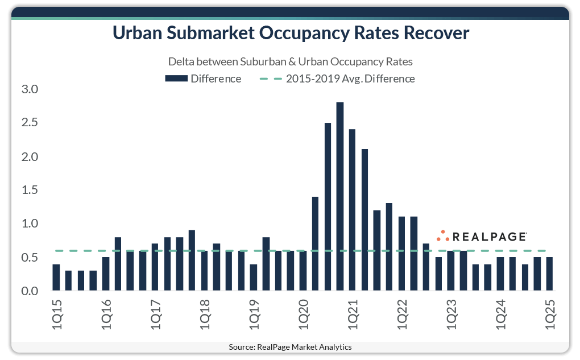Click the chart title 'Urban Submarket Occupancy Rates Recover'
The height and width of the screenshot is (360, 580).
(x=290, y=34)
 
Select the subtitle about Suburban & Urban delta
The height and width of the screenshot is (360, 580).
(x=290, y=61)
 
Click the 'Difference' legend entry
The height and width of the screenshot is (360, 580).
(x=203, y=78)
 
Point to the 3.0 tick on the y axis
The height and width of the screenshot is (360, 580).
(x=29, y=89)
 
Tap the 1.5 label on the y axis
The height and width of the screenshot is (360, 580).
(x=29, y=190)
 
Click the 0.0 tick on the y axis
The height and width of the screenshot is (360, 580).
(x=29, y=291)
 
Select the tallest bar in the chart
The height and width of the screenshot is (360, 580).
(x=340, y=196)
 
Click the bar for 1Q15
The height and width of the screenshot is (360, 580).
(x=56, y=278)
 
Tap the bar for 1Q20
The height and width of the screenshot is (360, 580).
(x=303, y=271)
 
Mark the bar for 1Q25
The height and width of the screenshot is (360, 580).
(x=550, y=274)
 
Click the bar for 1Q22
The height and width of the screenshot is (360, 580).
(x=402, y=254)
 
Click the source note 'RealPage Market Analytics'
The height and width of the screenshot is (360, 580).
(x=290, y=347)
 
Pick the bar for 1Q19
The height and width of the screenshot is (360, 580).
(x=254, y=278)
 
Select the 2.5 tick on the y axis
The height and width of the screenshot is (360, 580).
(x=29, y=123)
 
